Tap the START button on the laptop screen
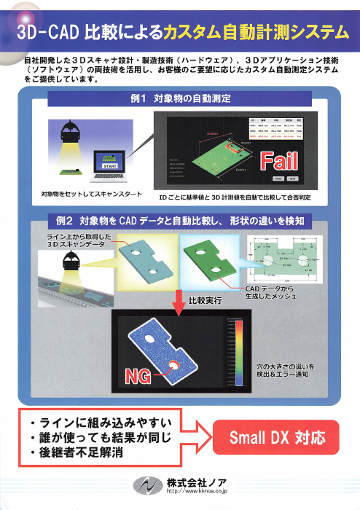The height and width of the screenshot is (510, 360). click(x=111, y=167)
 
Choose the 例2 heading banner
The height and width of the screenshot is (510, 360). click(x=179, y=220)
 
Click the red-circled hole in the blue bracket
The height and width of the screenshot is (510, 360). click(x=176, y=364)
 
